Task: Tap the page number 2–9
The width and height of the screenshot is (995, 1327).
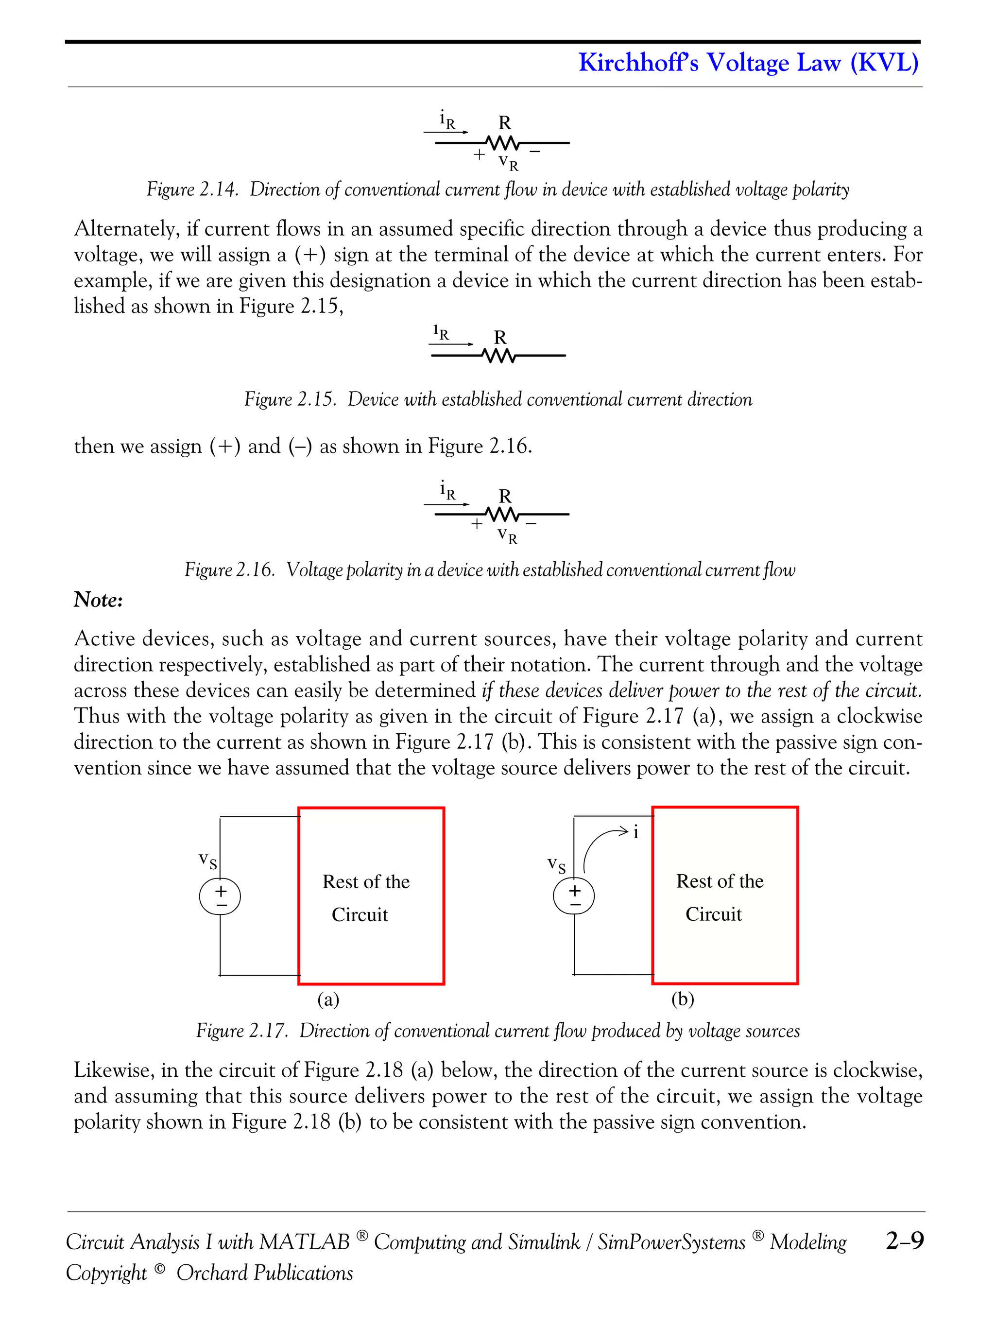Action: [x=905, y=1240]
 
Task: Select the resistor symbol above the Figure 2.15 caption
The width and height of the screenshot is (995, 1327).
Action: [x=498, y=356]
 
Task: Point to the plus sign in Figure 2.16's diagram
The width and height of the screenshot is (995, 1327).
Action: [x=476, y=524]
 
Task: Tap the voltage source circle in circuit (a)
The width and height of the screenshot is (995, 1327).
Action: [x=220, y=897]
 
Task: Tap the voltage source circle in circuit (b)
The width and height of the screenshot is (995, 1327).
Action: [x=574, y=896]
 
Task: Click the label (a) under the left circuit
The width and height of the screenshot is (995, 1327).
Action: [x=328, y=1000]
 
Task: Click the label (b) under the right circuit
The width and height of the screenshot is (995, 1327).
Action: [x=683, y=1000]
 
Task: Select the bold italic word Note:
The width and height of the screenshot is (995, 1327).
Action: [x=98, y=599]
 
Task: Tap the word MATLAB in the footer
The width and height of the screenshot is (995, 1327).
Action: [x=304, y=1241]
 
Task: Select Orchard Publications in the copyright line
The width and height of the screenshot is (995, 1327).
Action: [x=264, y=1273]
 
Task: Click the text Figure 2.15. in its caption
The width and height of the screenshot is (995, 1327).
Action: [x=290, y=399]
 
